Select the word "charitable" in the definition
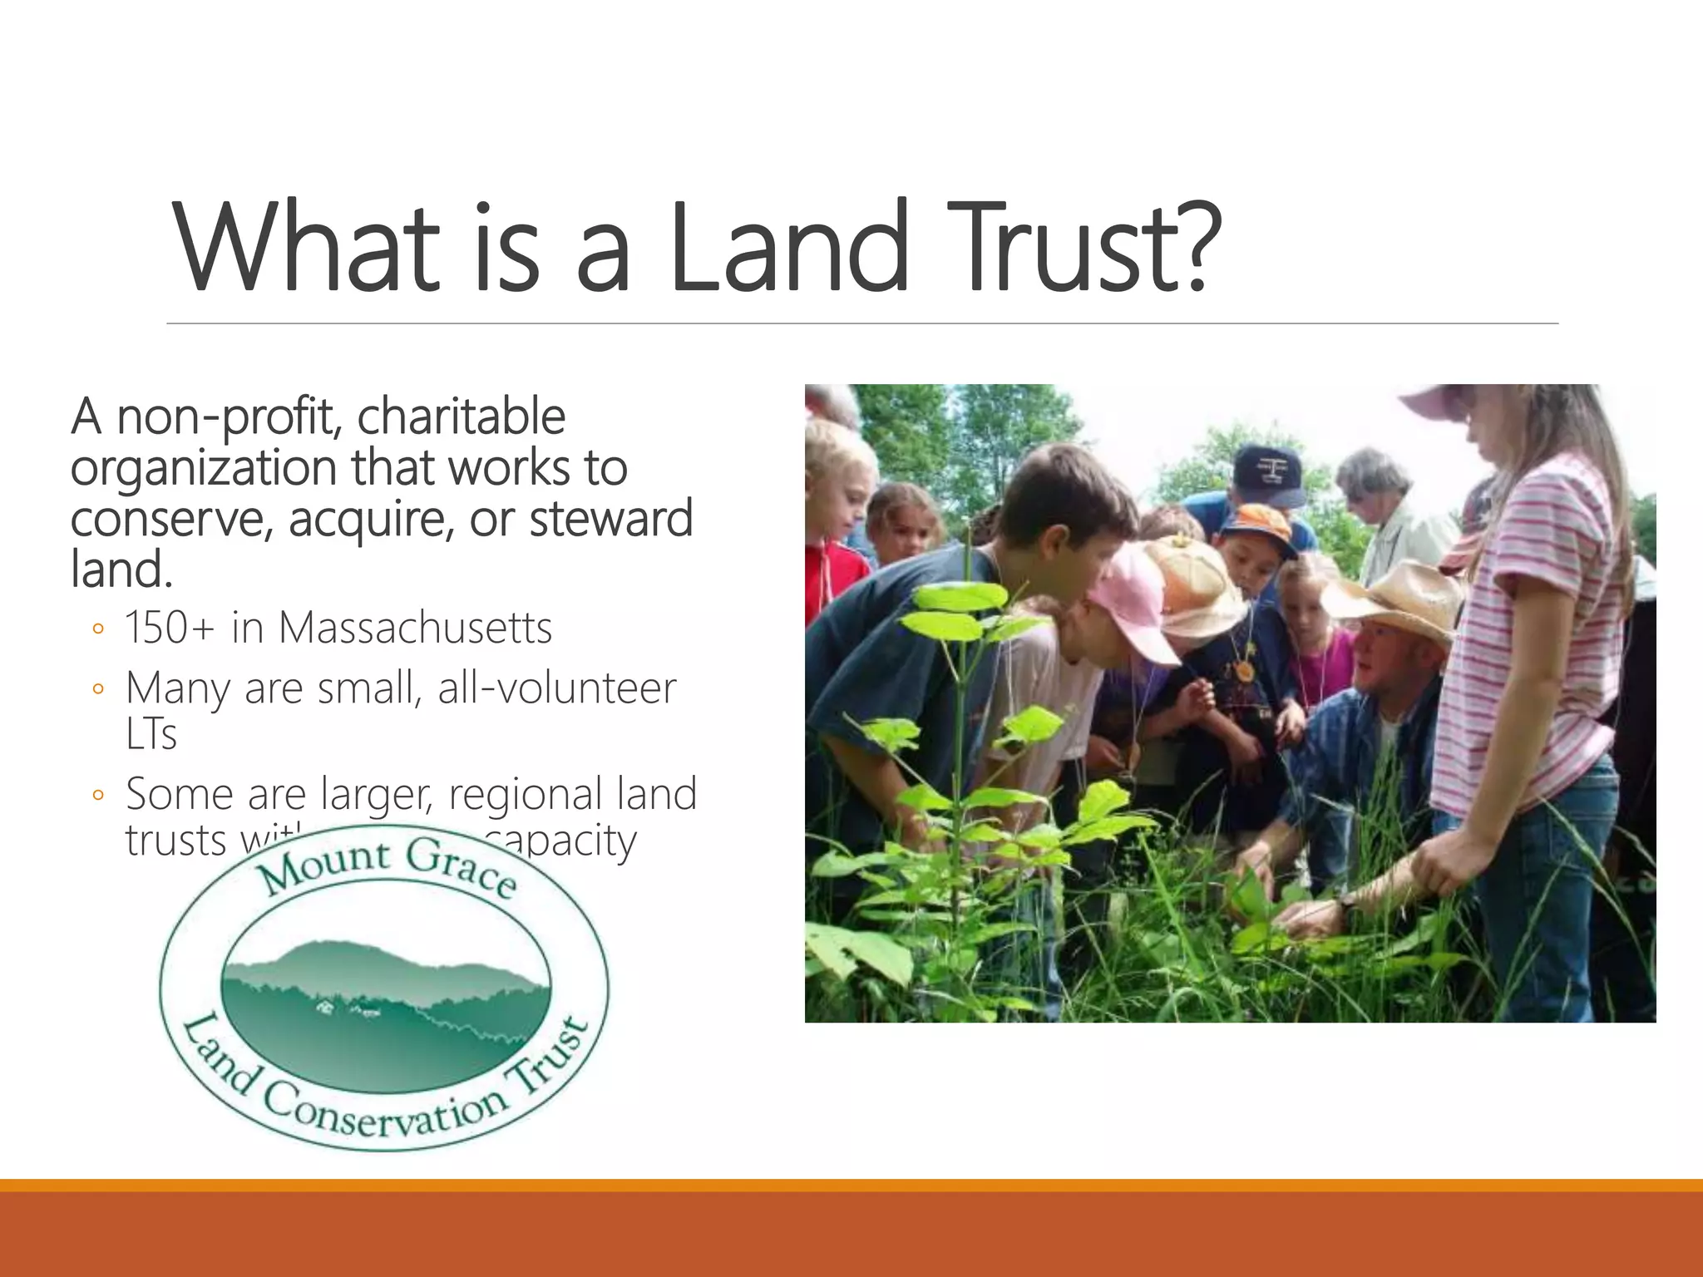pyautogui.click(x=462, y=417)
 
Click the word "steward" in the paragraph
pyautogui.click(x=610, y=520)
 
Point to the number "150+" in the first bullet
pyautogui.click(x=170, y=628)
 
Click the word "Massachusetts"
pyautogui.click(x=415, y=628)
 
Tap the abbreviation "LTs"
pyautogui.click(x=151, y=734)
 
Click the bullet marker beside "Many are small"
pyautogui.click(x=98, y=689)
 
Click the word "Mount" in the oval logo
pyautogui.click(x=324, y=865)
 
